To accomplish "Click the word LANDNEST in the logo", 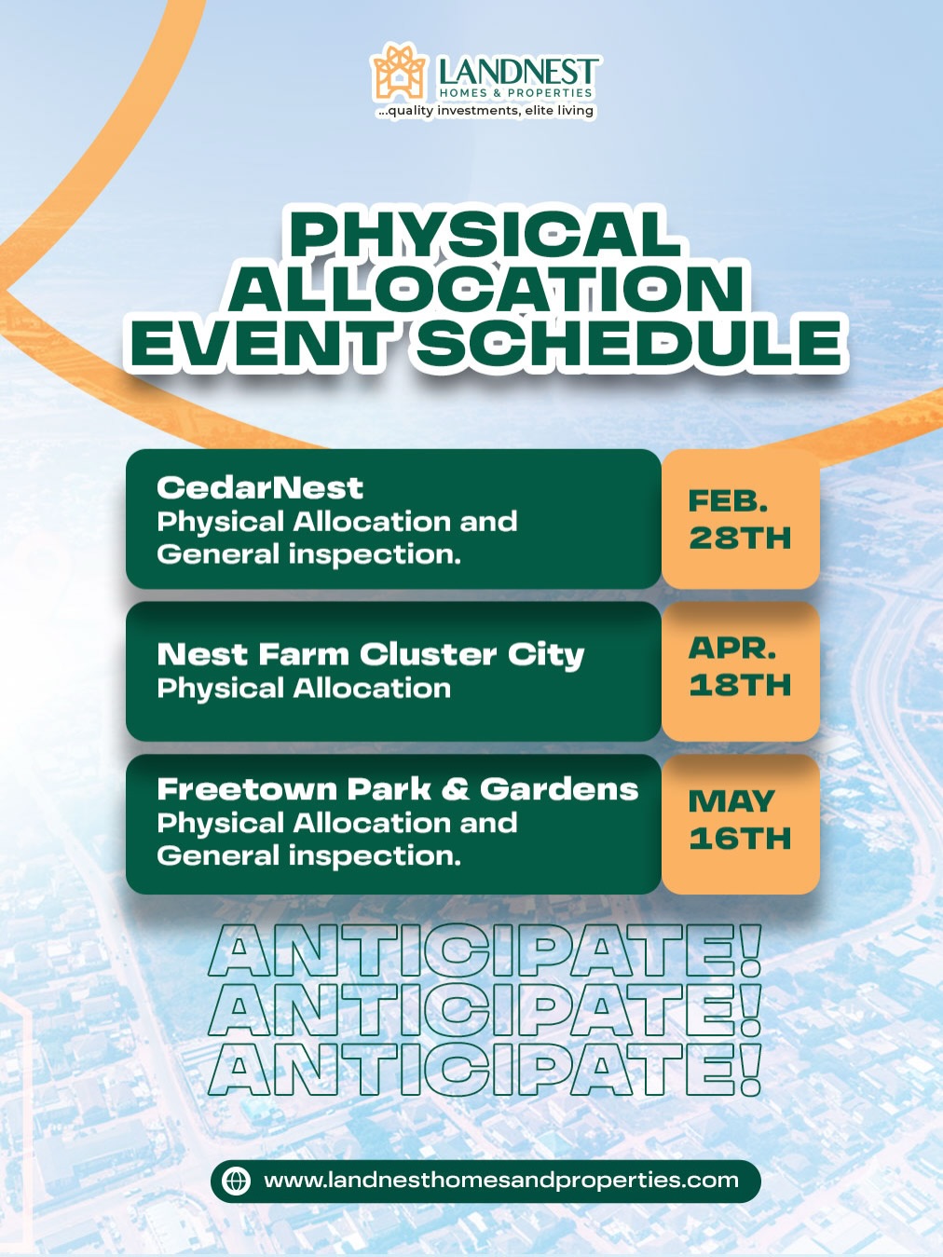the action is point(516,72).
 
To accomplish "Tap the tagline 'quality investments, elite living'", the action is point(486,110).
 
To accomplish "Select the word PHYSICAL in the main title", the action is point(485,234).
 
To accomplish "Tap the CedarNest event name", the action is point(260,488).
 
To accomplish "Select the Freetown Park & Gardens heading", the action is point(397,789).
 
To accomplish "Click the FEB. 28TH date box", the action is point(740,519).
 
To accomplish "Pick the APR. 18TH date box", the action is point(740,671).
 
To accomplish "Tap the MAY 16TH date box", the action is point(740,824).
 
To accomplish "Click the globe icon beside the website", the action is point(237,1182).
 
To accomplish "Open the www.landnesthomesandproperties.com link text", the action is point(501,1181).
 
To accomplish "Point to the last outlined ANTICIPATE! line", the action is point(485,1070).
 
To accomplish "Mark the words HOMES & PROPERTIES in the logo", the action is point(515,93).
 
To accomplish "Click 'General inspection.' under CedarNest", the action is point(308,555).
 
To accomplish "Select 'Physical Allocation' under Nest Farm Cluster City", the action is point(304,689).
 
